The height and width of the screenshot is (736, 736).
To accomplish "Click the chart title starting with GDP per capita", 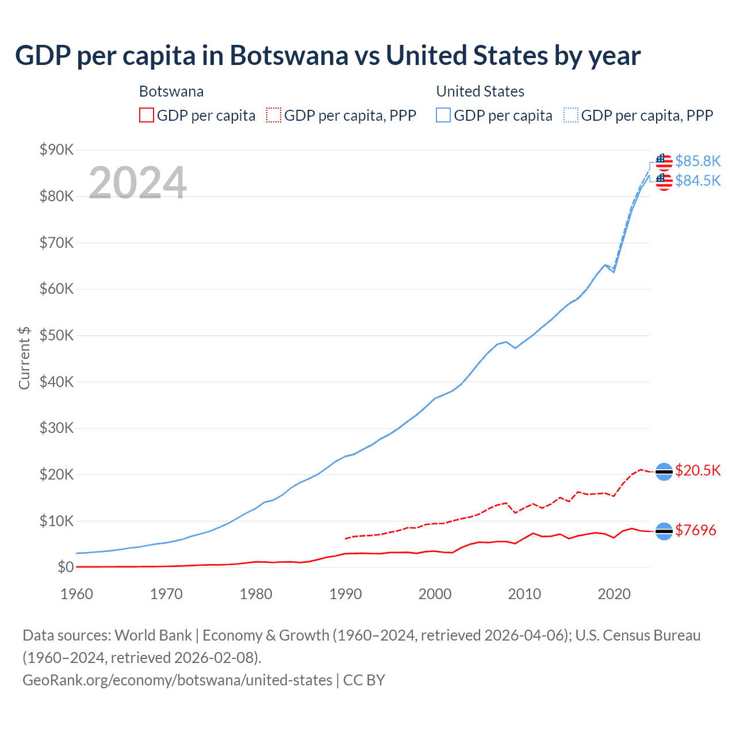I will tap(328, 56).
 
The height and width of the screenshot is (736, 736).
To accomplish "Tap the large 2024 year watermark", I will tap(137, 183).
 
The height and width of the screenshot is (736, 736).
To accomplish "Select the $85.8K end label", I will tap(697, 161).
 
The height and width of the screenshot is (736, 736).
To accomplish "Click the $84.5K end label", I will tap(697, 181).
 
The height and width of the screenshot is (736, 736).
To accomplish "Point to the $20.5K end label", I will tap(697, 470).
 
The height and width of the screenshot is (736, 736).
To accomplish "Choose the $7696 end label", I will tap(695, 530).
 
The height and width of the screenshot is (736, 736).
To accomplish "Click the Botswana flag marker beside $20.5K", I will tap(664, 471).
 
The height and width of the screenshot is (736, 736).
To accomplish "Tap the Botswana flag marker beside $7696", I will tap(664, 531).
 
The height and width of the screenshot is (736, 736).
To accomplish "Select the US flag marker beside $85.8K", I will tap(664, 162).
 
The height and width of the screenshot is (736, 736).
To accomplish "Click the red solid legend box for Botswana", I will tap(147, 116).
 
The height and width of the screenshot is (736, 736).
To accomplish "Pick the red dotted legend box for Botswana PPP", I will tap(274, 116).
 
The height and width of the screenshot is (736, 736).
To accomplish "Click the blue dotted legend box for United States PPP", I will tap(571, 116).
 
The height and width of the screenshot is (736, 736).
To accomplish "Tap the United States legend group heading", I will tap(480, 91).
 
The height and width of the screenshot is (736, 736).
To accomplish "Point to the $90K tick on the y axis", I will tap(57, 150).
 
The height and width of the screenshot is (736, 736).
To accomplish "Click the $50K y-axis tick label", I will tap(57, 336).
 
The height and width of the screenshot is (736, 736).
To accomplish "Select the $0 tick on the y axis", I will tap(66, 568).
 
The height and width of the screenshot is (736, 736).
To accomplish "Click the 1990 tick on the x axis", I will tap(346, 594).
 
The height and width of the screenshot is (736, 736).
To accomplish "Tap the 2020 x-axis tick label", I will tap(614, 594).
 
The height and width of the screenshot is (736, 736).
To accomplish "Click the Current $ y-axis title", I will tap(24, 358).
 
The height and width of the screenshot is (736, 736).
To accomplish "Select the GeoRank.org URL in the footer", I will tap(177, 680).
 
